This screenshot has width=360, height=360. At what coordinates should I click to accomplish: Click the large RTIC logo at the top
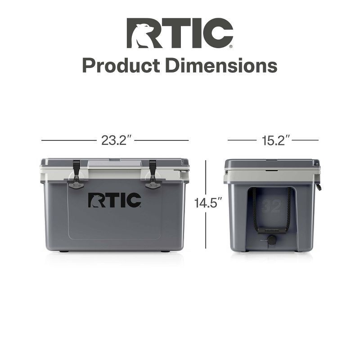click(180, 33)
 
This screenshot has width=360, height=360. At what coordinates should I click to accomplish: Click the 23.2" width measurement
click(116, 140)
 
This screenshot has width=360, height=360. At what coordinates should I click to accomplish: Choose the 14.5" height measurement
click(209, 203)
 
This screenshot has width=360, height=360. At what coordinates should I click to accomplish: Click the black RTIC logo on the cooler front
click(114, 201)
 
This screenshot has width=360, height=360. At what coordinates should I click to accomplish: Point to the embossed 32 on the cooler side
click(271, 206)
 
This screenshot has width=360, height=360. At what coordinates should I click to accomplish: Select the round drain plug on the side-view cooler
click(272, 241)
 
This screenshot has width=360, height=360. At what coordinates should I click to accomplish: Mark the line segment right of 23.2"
click(162, 140)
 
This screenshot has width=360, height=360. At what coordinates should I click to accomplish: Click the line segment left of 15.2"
click(242, 140)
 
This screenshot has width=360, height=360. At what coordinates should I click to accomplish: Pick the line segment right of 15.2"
click(305, 140)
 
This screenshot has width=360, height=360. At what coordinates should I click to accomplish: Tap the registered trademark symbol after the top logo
click(231, 46)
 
